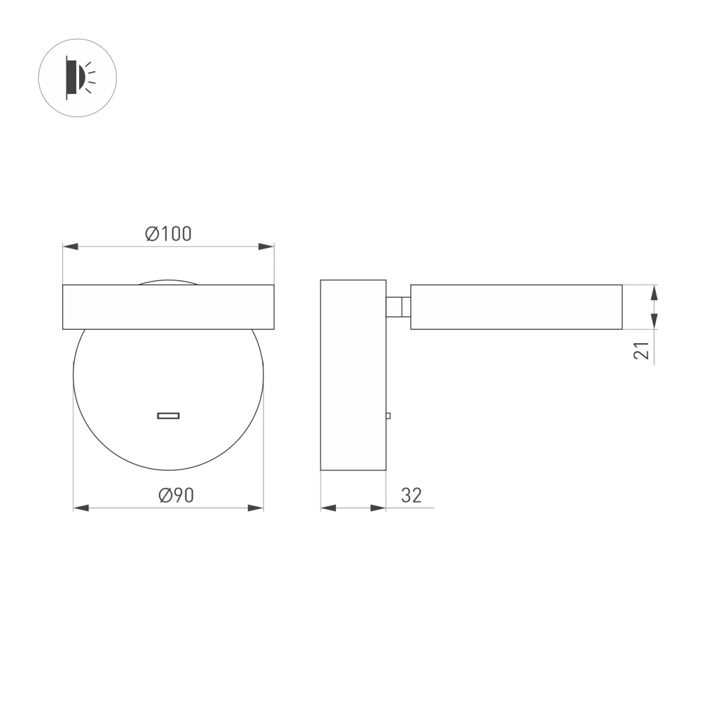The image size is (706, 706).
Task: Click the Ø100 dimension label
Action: [168, 234]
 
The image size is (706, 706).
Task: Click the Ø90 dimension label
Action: [176, 496]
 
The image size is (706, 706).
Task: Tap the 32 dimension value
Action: [411, 496]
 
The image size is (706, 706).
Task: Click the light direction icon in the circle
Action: [77, 78]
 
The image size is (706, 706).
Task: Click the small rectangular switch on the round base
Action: [168, 415]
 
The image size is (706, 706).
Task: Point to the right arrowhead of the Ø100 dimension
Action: [266, 246]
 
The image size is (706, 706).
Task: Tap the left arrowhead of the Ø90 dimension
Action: [81, 508]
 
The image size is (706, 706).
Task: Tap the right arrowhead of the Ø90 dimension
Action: [256, 508]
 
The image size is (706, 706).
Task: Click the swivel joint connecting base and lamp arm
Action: [398, 307]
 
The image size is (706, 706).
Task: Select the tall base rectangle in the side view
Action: [353, 375]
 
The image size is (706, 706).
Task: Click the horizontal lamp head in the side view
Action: [516, 307]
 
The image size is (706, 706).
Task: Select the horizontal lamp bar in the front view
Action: [168, 307]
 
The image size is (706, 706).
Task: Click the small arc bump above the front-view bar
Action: [168, 282]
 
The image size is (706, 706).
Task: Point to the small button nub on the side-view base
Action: [388, 417]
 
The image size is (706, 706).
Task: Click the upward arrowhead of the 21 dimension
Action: [654, 292]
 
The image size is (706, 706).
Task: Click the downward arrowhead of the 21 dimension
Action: [654, 321]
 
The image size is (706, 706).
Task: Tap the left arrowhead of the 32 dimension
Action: [328, 508]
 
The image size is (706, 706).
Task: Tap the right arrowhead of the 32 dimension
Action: [378, 508]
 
